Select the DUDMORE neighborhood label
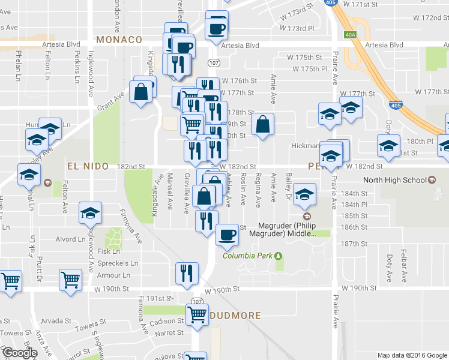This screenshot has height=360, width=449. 235,315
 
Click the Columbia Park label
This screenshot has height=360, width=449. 248,256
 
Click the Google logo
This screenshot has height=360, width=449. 19,352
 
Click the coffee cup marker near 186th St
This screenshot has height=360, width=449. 226,234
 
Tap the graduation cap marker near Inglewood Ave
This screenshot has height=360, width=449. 91,213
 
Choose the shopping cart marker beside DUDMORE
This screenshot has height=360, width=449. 196,314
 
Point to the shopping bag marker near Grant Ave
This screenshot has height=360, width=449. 141,92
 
